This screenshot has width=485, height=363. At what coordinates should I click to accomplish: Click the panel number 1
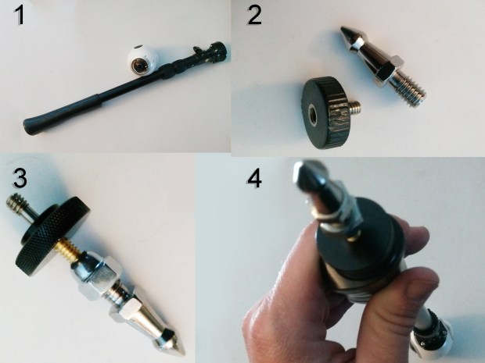pos(20,16)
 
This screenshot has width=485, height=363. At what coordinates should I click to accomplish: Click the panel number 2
pos(254,16)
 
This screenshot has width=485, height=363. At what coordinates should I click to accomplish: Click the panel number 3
pos(20,178)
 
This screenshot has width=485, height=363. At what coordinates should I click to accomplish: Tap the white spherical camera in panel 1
pos(142,60)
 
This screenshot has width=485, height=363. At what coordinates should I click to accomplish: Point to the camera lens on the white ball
pos(138,66)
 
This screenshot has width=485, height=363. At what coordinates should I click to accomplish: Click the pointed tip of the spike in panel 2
pos(343,30)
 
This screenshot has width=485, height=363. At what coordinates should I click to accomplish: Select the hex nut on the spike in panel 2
pos(389,69)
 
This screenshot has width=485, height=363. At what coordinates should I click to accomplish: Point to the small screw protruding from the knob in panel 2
pos(355,106)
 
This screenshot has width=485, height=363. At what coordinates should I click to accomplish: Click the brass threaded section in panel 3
pos(71,247)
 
